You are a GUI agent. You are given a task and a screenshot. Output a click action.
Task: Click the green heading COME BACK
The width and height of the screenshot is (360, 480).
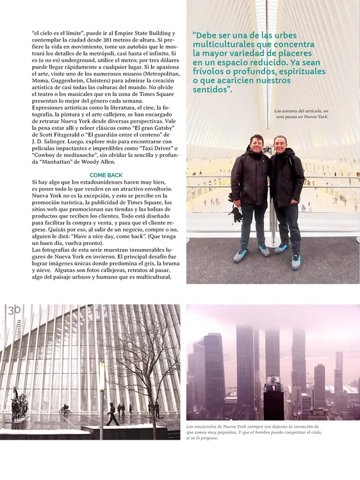click(x=106, y=175)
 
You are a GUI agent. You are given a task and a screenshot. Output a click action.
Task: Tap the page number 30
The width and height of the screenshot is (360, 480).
click(x=15, y=310)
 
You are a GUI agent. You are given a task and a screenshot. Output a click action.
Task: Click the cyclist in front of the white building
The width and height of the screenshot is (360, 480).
click(x=64, y=410)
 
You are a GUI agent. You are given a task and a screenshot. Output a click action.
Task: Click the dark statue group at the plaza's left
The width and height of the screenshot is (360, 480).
click(x=20, y=404)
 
